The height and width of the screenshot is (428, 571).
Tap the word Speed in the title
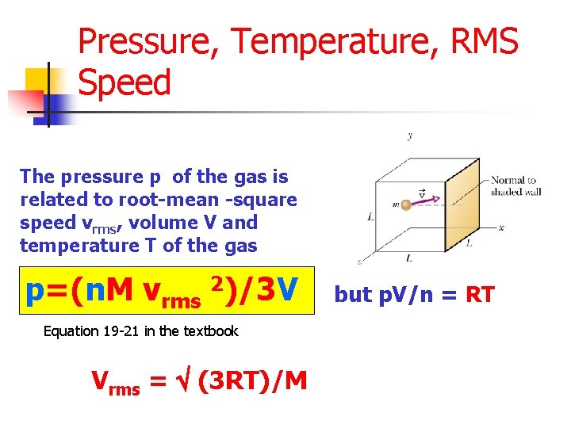coord(125,82)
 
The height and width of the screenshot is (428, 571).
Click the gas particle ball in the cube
coord(406,204)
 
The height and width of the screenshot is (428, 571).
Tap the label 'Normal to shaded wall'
coord(515,185)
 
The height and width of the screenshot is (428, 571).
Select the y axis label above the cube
coord(409,136)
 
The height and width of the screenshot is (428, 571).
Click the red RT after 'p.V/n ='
coord(480,296)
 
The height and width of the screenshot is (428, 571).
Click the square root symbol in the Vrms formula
coord(183,382)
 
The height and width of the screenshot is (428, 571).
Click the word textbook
coord(212,331)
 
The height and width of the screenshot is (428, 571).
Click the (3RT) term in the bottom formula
coord(230,382)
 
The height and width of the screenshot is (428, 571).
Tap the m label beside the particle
coord(393,205)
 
